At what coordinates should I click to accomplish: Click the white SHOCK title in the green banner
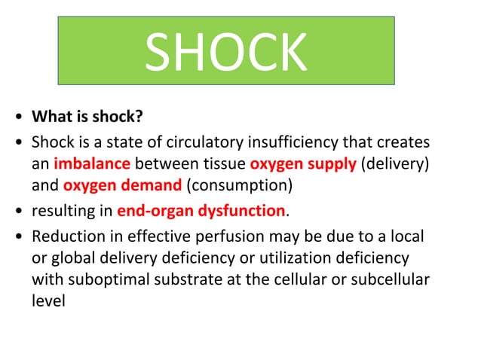226,52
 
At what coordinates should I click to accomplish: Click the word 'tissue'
225,164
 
